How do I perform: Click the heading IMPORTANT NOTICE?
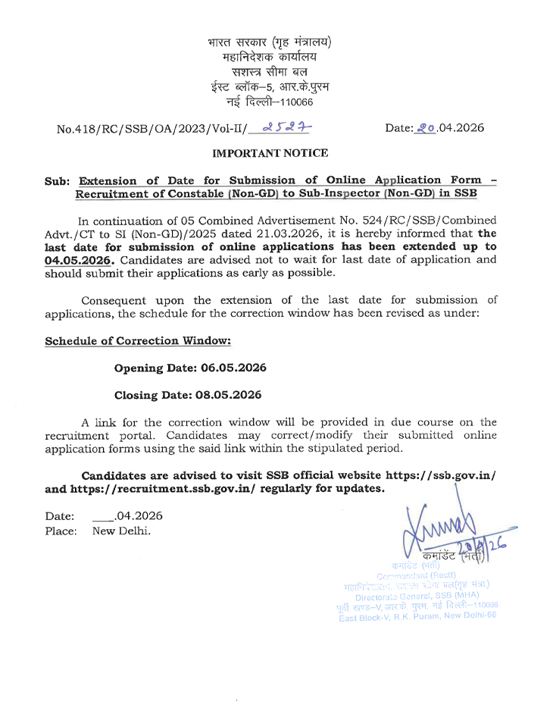pos(270,153)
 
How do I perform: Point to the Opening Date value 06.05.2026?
pos(233,368)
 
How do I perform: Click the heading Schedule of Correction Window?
pos(138,341)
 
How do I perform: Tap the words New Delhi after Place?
pos(121,531)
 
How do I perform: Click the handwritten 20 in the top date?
pos(424,128)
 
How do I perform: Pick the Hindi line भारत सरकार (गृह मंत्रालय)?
pos(270,42)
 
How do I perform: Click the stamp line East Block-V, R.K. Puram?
pos(417,615)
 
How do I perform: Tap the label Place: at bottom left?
pos(61,531)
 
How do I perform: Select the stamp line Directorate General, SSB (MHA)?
pos(419,595)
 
